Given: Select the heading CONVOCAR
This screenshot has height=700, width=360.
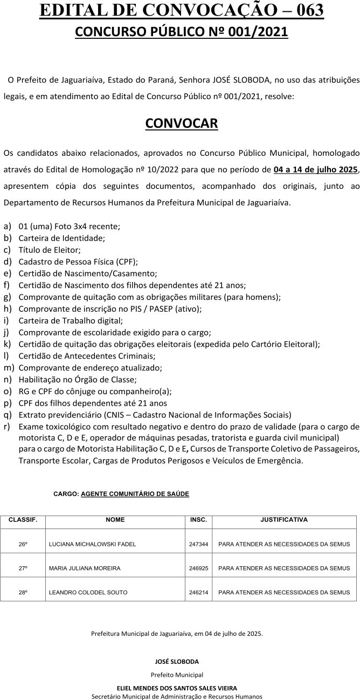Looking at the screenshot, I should (182, 123).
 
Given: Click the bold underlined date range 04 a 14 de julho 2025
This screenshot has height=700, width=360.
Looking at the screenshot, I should (316, 169).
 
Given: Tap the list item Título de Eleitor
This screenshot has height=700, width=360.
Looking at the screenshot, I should (50, 250).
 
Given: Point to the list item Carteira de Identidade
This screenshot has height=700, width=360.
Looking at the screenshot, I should (61, 238).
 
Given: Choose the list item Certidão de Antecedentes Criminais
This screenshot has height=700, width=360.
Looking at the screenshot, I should (87, 356).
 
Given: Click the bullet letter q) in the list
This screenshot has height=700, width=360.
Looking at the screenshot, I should (8, 415).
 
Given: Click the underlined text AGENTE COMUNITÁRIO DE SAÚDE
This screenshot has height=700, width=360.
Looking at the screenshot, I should (135, 493).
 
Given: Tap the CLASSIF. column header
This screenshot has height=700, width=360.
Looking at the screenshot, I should (23, 520).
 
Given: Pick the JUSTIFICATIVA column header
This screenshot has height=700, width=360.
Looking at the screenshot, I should (284, 520).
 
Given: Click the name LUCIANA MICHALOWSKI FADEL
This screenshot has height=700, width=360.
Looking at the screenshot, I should (92, 545).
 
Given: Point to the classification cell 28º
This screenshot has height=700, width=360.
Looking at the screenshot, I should (23, 592).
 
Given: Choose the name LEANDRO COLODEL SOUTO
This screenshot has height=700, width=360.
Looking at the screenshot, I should (88, 592).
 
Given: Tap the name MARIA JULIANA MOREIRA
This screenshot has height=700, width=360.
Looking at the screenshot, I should (85, 568).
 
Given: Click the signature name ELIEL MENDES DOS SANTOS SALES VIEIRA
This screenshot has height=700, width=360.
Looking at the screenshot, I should (177, 688).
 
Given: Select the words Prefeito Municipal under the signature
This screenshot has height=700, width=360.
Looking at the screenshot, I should (177, 675).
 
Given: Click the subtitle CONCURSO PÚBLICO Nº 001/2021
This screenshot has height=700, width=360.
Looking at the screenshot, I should (182, 32).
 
